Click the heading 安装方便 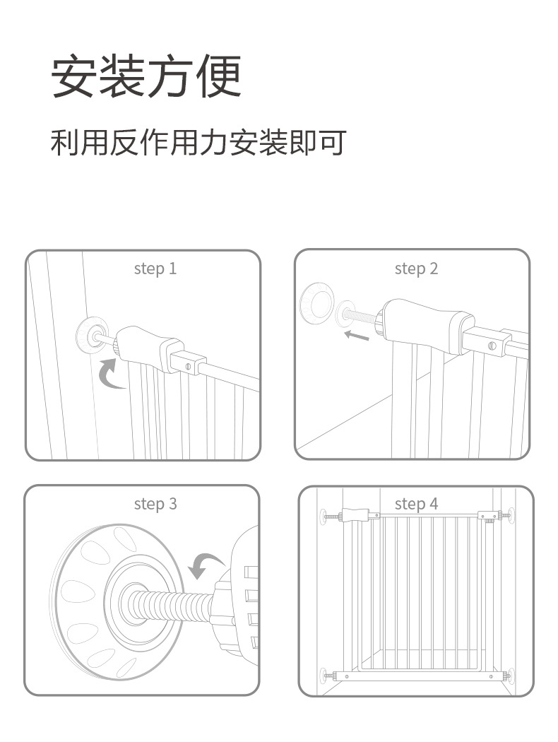click(x=146, y=76)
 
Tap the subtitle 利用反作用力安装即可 click(x=198, y=142)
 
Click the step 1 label click(x=155, y=269)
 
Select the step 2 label click(x=416, y=269)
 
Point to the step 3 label click(x=155, y=504)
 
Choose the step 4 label click(x=416, y=504)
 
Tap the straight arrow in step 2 click(x=357, y=335)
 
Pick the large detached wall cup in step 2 click(x=315, y=303)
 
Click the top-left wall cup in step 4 click(x=323, y=517)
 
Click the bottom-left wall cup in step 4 click(x=324, y=676)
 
